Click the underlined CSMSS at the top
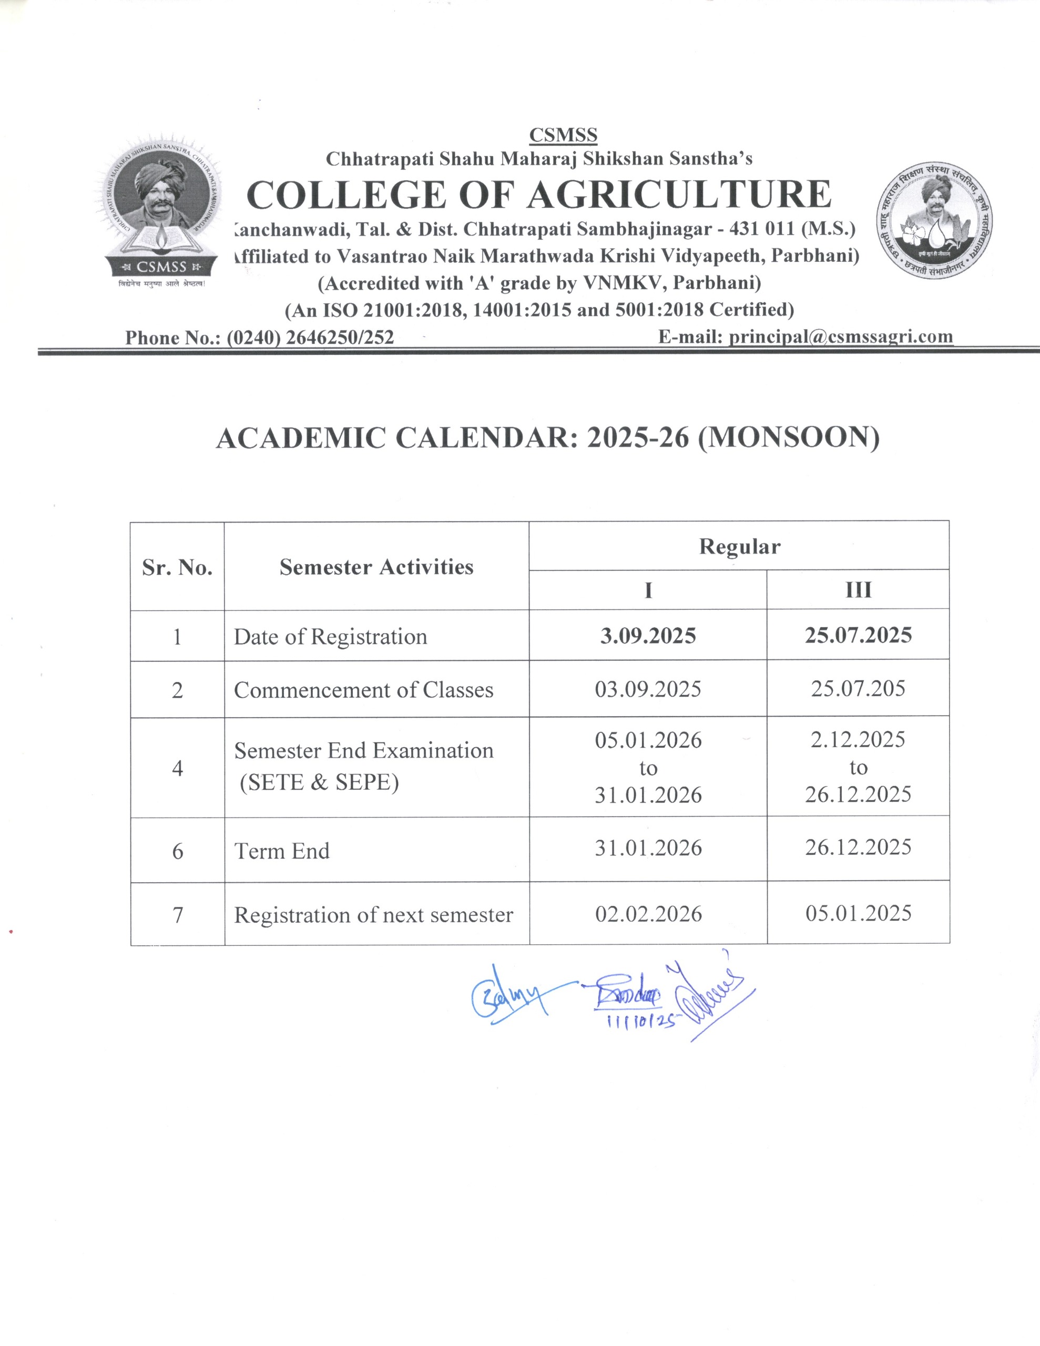[563, 135]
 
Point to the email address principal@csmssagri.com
[840, 336]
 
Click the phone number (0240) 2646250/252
[310, 337]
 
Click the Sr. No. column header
[177, 567]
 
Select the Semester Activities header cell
[376, 567]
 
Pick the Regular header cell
[739, 547]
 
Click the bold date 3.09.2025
[648, 635]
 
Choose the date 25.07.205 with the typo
[858, 688]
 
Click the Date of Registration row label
[330, 637]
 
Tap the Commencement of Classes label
[364, 690]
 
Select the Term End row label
[282, 851]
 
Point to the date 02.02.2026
[648, 913]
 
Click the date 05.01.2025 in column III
[858, 913]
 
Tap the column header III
[858, 590]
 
